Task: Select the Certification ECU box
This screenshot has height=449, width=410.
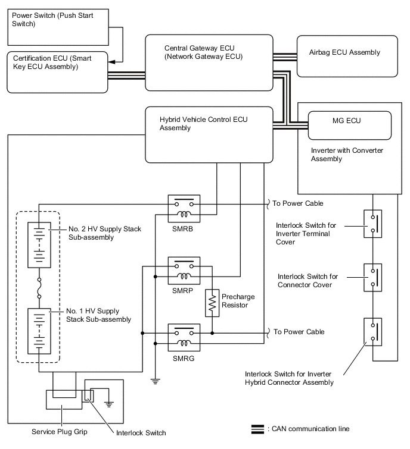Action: pyautogui.click(x=58, y=71)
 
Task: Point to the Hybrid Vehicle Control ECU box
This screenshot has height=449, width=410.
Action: pyautogui.click(x=209, y=134)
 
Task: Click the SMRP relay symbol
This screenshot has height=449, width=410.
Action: pyautogui.click(x=184, y=269)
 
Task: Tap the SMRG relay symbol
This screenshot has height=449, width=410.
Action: pyautogui.click(x=184, y=335)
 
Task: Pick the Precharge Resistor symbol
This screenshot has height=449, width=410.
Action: pyautogui.click(x=212, y=303)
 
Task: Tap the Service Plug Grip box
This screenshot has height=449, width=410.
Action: pyautogui.click(x=63, y=401)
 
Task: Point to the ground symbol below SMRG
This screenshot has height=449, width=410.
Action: pyautogui.click(x=155, y=381)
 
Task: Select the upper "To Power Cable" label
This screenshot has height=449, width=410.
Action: pyautogui.click(x=297, y=203)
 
